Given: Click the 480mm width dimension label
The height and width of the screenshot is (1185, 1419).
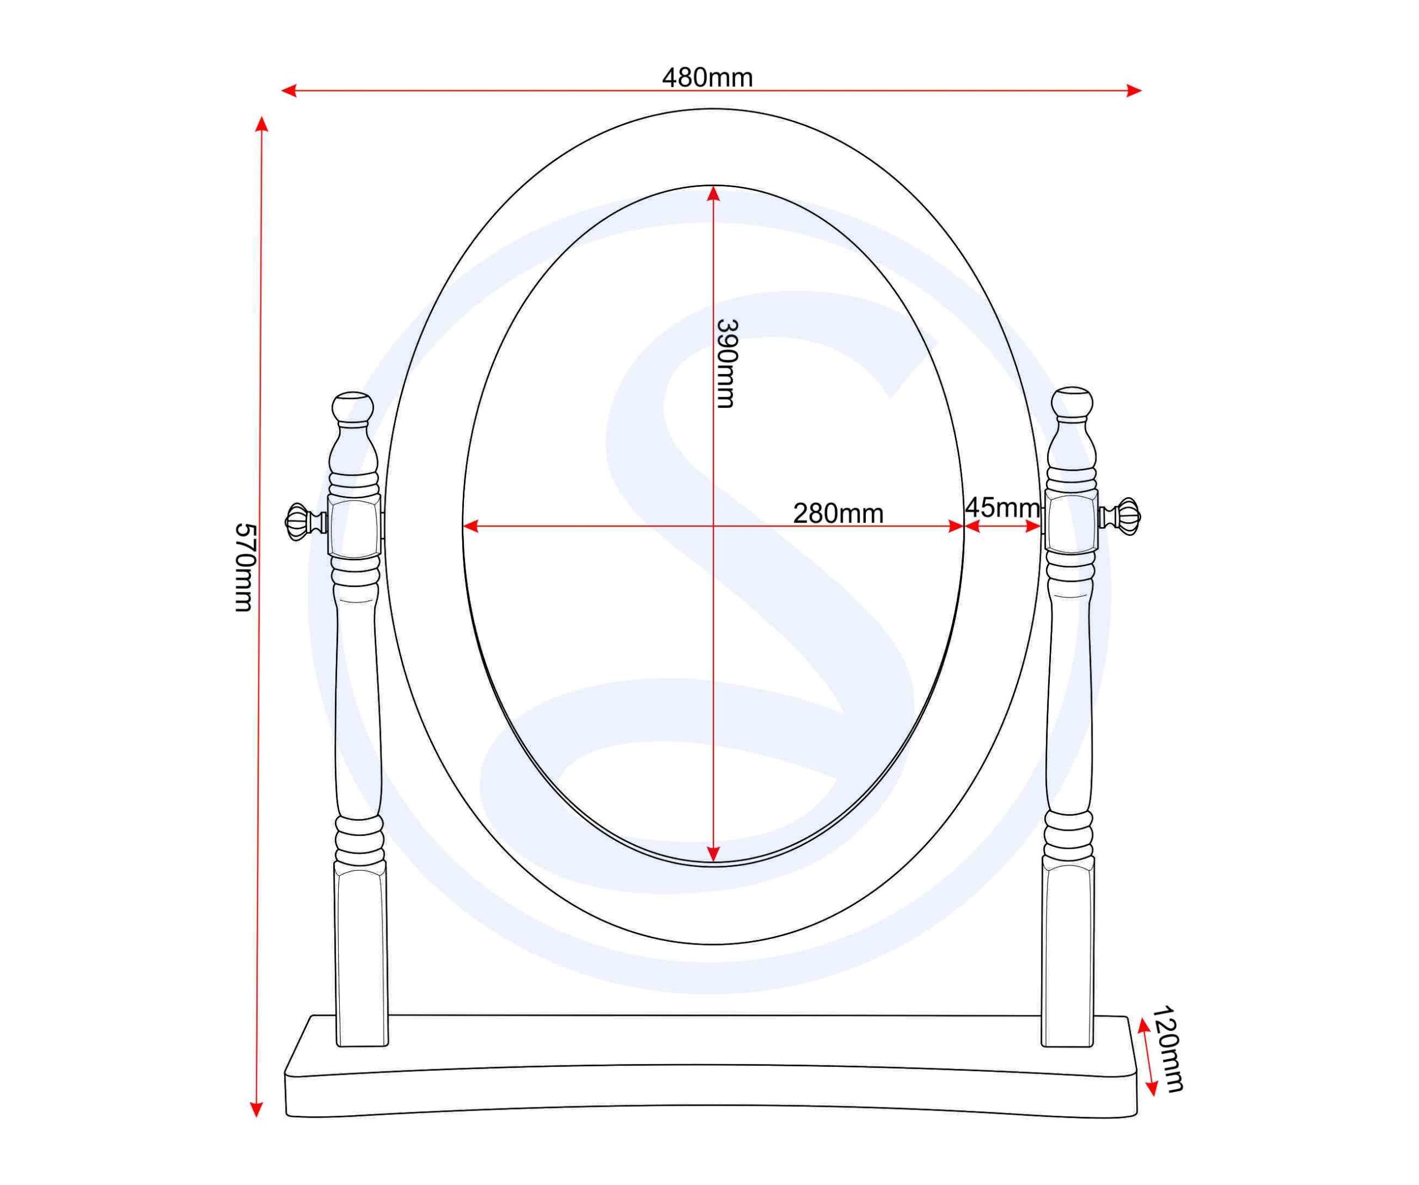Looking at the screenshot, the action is coord(707,78).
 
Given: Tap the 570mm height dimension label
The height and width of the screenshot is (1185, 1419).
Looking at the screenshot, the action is coord(244,568).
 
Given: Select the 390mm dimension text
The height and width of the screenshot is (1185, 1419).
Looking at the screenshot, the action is coord(726,364).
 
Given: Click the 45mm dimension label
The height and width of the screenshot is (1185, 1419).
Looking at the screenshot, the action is coord(1003,507).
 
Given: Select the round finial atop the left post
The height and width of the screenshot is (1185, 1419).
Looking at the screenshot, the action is coord(353,407).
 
